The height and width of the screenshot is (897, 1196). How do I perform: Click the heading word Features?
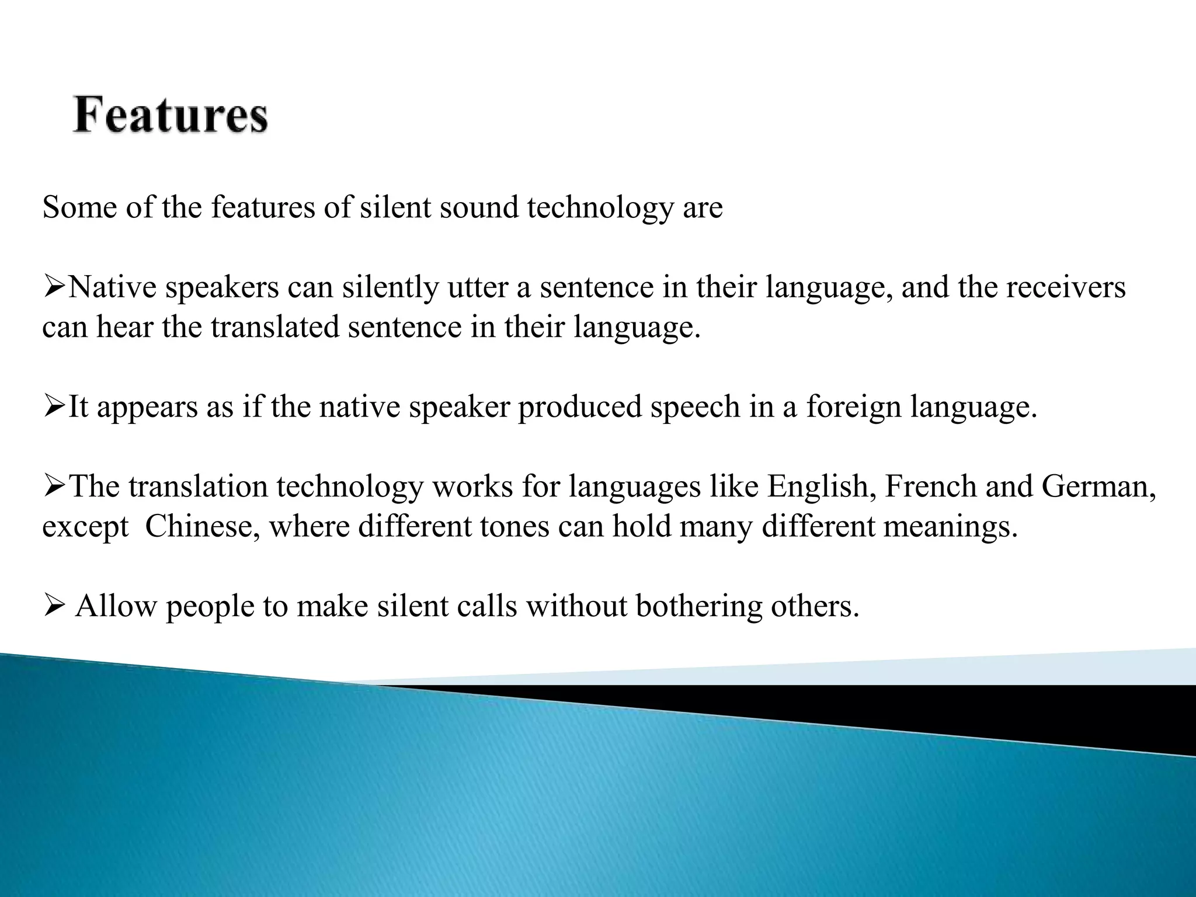coord(170,116)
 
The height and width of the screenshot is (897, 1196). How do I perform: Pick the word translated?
coord(274,327)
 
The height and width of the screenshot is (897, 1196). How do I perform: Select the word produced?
coord(580,406)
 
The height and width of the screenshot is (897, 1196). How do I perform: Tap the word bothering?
coord(698,606)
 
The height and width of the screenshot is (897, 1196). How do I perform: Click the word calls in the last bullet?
coord(487,606)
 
